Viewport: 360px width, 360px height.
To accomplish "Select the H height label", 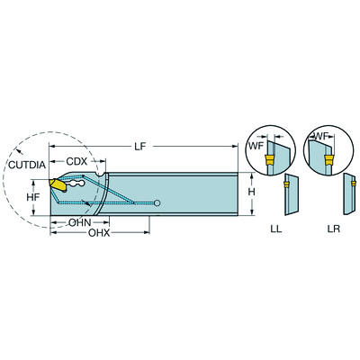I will click(x=255, y=193).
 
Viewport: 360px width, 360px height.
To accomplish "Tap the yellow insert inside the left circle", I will click(x=267, y=160).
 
